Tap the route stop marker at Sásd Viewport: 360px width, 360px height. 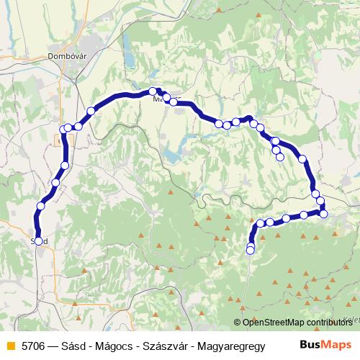point(39,241)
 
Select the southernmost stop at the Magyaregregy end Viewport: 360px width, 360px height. point(250,250)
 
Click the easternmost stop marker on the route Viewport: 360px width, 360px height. point(323,213)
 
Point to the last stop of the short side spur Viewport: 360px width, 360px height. point(279,157)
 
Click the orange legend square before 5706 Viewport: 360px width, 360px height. point(9,345)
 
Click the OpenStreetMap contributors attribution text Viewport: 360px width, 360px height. point(297,323)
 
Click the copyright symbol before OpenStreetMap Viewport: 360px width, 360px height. point(238,323)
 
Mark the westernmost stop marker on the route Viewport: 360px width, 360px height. point(39,241)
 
